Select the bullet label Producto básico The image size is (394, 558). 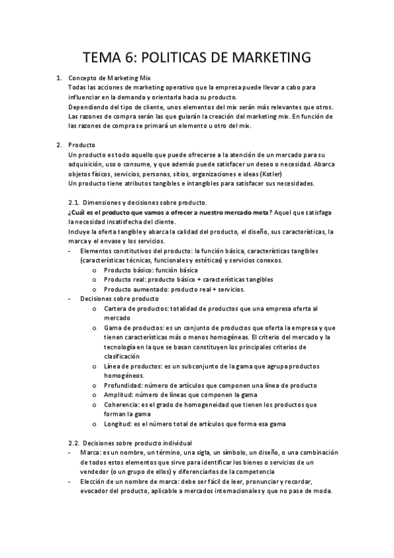126,270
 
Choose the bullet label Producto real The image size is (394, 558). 123,280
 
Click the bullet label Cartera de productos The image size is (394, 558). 136,308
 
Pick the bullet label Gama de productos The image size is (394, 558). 133,328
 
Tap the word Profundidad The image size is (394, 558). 123,385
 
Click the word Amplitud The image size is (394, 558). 118,395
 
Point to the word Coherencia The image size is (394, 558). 121,405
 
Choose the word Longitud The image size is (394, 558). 118,424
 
